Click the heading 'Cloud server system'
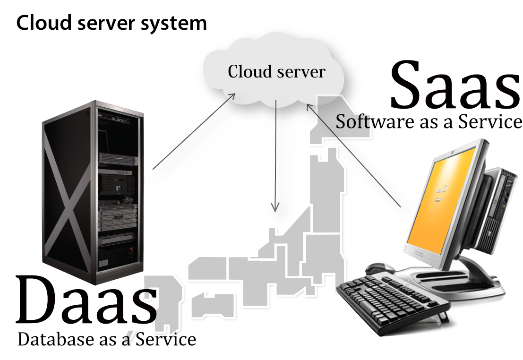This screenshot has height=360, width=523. [x=111, y=23]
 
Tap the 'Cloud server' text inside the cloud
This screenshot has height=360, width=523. [x=276, y=72]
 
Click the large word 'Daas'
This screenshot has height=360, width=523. [x=86, y=300]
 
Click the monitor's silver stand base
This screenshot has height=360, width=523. [x=477, y=283]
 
